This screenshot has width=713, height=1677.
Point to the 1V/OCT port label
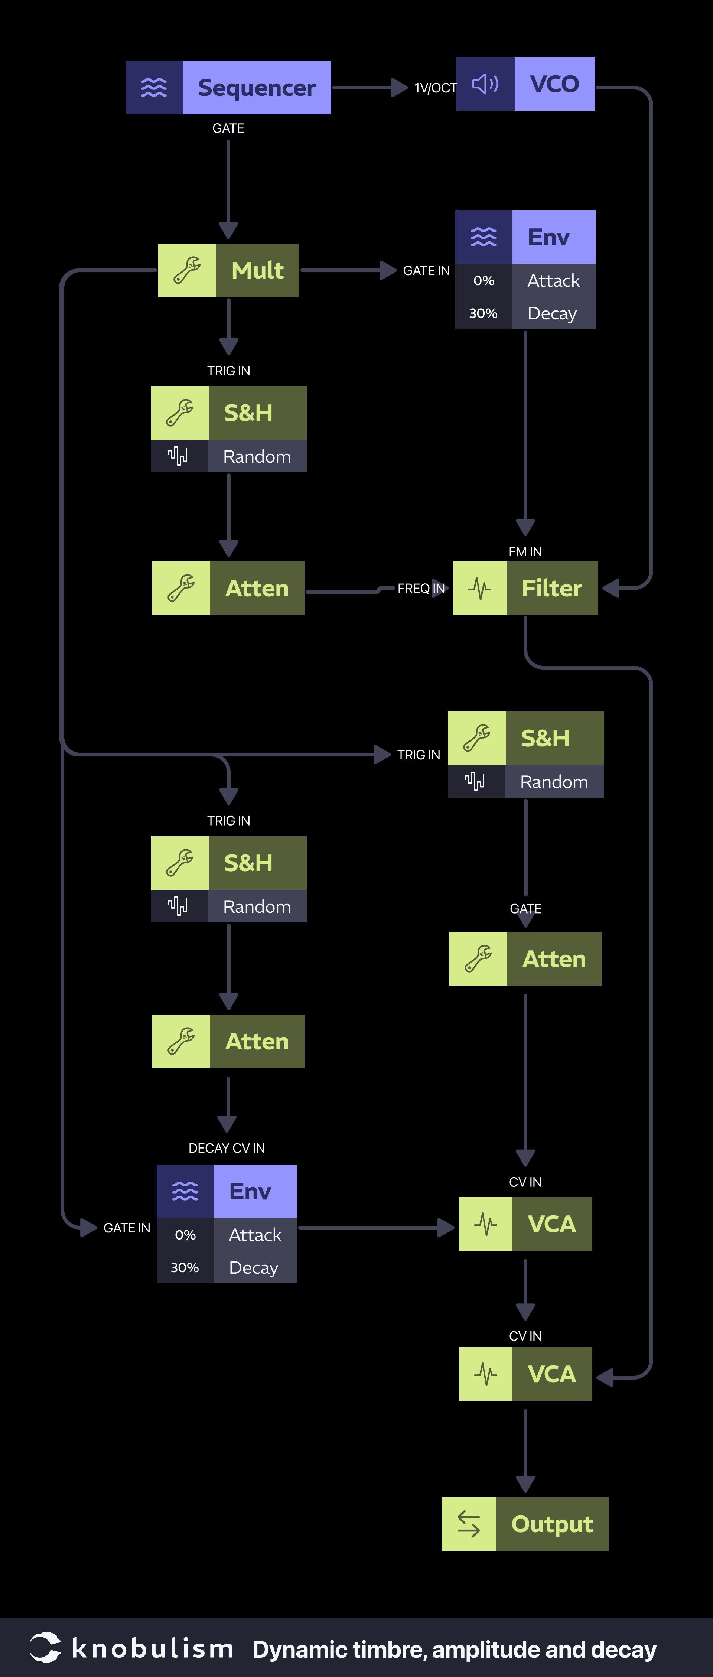(x=435, y=88)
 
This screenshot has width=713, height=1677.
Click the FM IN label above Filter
(x=525, y=551)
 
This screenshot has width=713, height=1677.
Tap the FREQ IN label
(x=421, y=589)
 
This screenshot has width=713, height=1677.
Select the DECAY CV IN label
(x=227, y=1148)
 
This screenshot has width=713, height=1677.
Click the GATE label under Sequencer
(x=228, y=128)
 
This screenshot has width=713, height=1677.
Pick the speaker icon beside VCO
(x=485, y=84)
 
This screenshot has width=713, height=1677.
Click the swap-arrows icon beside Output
(x=469, y=1524)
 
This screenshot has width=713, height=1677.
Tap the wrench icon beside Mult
(x=187, y=270)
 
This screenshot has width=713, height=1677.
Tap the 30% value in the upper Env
(x=483, y=313)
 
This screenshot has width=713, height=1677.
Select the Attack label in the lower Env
(x=255, y=1235)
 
